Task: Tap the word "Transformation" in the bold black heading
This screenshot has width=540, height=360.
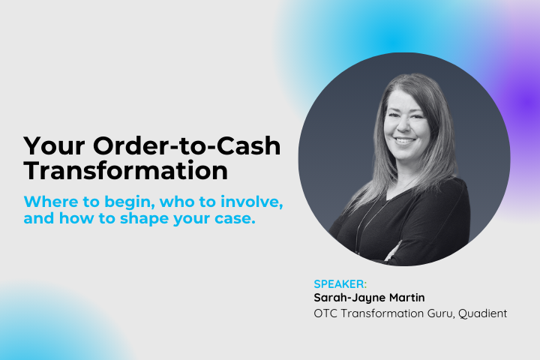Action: point(125,170)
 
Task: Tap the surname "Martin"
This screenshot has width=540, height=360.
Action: point(410,298)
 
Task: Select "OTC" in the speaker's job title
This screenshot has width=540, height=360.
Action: point(326,313)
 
